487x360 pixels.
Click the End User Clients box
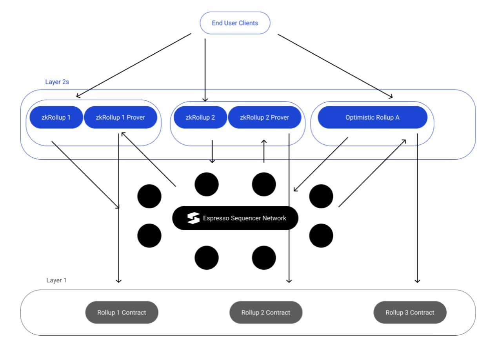[235, 23]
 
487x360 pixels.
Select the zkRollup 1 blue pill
[56, 117]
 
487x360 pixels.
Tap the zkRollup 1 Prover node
[120, 117]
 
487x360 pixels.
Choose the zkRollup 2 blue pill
[200, 117]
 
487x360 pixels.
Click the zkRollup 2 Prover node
[264, 117]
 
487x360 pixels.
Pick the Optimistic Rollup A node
[373, 117]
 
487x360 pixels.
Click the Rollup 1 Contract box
[122, 312]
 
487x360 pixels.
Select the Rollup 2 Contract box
[266, 312]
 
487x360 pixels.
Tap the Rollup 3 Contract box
[410, 312]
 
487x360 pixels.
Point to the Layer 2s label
[57, 82]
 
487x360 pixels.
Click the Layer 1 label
[56, 280]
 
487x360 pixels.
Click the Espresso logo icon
[193, 218]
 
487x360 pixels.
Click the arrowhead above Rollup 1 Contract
[118, 281]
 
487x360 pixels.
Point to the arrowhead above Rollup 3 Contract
[417, 281]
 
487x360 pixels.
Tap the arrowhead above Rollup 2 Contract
[289, 281]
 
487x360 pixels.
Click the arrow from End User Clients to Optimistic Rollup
[335, 66]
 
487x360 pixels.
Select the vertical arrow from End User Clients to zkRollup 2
[205, 70]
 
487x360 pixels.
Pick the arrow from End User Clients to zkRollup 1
[134, 65]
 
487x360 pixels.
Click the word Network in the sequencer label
[274, 218]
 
